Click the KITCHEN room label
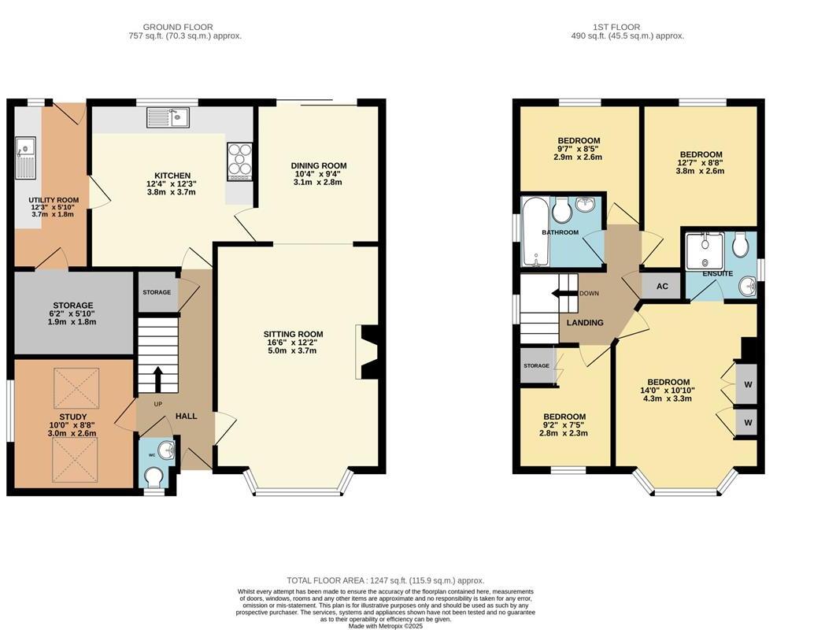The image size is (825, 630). (x=172, y=176)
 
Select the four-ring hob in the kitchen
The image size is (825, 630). (x=239, y=160)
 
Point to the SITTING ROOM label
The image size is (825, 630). (x=293, y=334)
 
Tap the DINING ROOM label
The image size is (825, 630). (x=320, y=165)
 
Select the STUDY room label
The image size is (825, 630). (x=72, y=417)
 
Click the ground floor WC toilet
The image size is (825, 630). (x=154, y=476)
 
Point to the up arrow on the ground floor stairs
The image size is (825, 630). (x=157, y=379)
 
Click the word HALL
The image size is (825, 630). (x=186, y=416)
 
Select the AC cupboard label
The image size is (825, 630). (x=662, y=286)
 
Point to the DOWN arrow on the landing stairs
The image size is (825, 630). (x=564, y=294)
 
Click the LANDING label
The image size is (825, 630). (x=585, y=322)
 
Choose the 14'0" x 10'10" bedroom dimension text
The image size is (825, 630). (x=668, y=391)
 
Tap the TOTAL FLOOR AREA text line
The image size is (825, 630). (x=385, y=580)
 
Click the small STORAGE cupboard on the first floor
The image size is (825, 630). (x=537, y=366)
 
